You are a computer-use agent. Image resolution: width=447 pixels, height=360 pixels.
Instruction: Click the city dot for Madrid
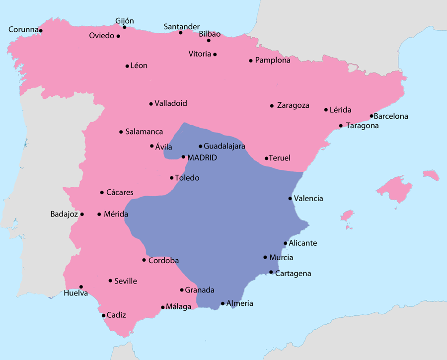[x=184, y=157]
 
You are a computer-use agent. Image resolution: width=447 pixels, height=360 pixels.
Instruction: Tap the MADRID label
[x=203, y=157]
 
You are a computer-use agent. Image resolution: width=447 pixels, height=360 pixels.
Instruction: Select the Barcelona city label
[x=391, y=117]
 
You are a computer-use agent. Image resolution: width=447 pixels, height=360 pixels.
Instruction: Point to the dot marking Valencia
[x=290, y=199]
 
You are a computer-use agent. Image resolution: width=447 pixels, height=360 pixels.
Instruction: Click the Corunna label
[x=23, y=30]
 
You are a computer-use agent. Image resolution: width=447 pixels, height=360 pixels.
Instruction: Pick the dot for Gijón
[x=125, y=27]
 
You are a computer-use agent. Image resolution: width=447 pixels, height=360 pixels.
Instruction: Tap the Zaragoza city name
[x=293, y=105]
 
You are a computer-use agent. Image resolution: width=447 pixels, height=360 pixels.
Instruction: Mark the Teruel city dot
[x=267, y=158]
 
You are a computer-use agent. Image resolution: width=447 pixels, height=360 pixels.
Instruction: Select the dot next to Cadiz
[x=103, y=315]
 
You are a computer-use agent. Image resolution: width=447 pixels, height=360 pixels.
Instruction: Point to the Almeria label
[x=240, y=303]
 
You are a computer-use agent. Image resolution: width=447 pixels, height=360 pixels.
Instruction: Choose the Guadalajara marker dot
[x=200, y=146]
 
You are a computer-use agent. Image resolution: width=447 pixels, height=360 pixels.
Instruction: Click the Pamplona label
[x=273, y=61]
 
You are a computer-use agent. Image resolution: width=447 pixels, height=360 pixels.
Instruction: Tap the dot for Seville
[x=110, y=281]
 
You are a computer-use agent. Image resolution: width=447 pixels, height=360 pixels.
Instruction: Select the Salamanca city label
[x=144, y=132]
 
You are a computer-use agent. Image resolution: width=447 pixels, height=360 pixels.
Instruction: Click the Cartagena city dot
[x=271, y=272]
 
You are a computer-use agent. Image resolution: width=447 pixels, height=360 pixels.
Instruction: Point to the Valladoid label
[x=171, y=104]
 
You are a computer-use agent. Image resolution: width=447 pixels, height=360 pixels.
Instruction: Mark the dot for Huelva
[x=81, y=287]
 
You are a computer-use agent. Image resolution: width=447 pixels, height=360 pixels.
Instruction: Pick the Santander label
[x=182, y=27]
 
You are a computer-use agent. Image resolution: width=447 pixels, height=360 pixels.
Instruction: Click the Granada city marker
[x=181, y=290]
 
